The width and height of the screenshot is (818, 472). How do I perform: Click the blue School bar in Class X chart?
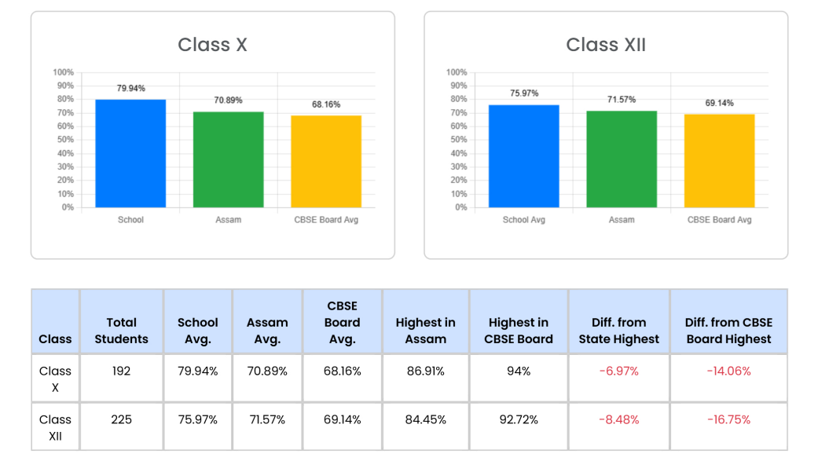tap(130, 153)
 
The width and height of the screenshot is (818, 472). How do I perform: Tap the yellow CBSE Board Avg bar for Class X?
tap(326, 161)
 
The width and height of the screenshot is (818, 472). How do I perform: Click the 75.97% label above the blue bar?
tap(524, 93)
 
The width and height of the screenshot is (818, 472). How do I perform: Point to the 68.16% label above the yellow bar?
tap(326, 104)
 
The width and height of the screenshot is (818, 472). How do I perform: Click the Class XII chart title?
tap(606, 45)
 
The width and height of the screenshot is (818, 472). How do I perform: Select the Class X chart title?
tap(212, 45)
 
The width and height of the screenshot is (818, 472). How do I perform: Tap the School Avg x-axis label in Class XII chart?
tap(524, 220)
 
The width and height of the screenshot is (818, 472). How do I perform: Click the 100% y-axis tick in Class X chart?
tap(64, 72)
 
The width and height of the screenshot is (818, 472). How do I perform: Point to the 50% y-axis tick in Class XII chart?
tap(457, 140)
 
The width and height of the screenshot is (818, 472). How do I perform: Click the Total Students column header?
tap(121, 331)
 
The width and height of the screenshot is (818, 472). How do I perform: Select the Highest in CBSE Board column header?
tap(519, 331)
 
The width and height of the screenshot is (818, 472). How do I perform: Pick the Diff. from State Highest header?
tap(619, 331)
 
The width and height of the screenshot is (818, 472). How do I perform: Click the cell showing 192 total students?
tap(121, 371)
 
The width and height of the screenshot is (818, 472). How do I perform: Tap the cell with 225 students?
tap(121, 419)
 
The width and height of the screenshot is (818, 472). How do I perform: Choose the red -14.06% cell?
tap(728, 371)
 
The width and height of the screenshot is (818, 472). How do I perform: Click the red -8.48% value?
tap(619, 419)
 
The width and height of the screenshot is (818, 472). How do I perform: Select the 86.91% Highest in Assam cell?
tap(425, 371)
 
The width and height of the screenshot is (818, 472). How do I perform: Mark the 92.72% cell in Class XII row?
tap(519, 419)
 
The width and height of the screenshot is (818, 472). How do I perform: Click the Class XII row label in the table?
tap(55, 427)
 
